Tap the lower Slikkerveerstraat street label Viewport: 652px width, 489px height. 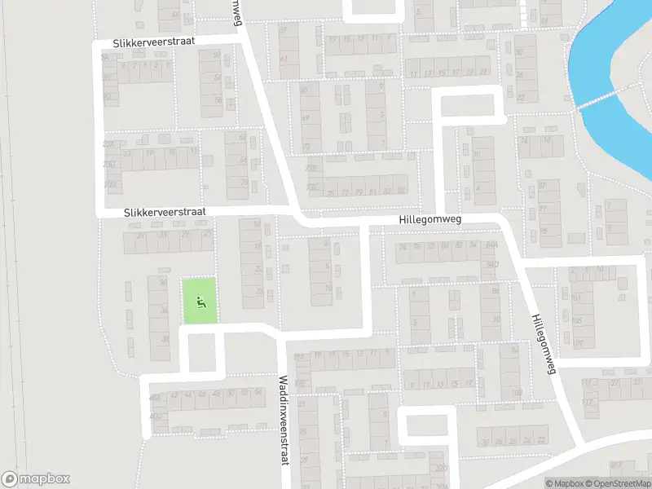(165, 211)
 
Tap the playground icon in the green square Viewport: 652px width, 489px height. (200, 301)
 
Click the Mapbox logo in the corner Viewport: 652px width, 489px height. (35, 479)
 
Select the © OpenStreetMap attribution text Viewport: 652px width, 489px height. (618, 483)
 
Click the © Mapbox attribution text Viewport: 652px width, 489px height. (564, 483)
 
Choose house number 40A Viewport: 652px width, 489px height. (154, 396)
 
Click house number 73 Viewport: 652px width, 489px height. (306, 146)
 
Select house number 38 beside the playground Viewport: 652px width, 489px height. (165, 337)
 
